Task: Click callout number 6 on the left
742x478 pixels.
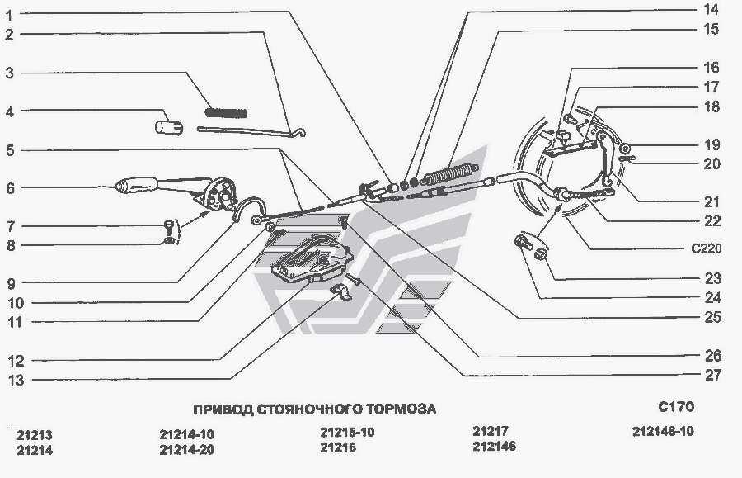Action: click(11, 188)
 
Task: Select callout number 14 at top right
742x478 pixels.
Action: click(711, 9)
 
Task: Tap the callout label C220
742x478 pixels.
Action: click(707, 248)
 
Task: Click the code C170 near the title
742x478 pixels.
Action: click(676, 406)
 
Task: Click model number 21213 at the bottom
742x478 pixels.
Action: click(35, 435)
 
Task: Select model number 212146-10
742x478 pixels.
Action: click(663, 431)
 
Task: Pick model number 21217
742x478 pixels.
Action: click(491, 431)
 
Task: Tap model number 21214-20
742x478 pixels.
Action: click(186, 450)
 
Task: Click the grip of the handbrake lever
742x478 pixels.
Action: click(136, 184)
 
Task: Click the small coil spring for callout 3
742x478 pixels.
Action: click(226, 112)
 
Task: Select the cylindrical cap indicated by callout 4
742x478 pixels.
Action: click(169, 127)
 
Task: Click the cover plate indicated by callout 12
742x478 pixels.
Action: click(312, 259)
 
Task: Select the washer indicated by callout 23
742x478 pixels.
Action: click(539, 255)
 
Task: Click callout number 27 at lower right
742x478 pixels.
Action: click(713, 375)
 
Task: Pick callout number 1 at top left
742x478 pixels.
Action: click(9, 16)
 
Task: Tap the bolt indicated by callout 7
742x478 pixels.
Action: click(169, 225)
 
